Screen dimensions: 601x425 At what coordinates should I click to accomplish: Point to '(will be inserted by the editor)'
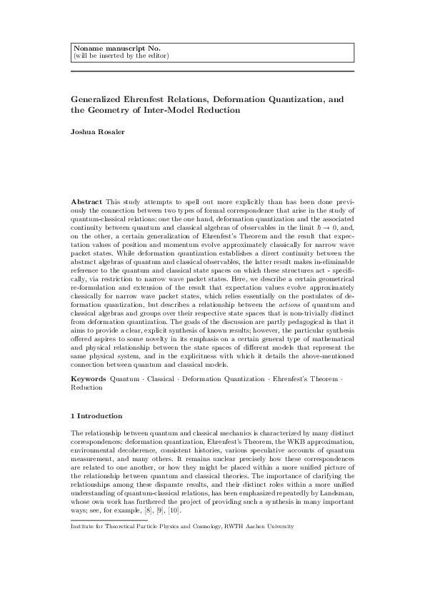(x=121, y=55)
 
